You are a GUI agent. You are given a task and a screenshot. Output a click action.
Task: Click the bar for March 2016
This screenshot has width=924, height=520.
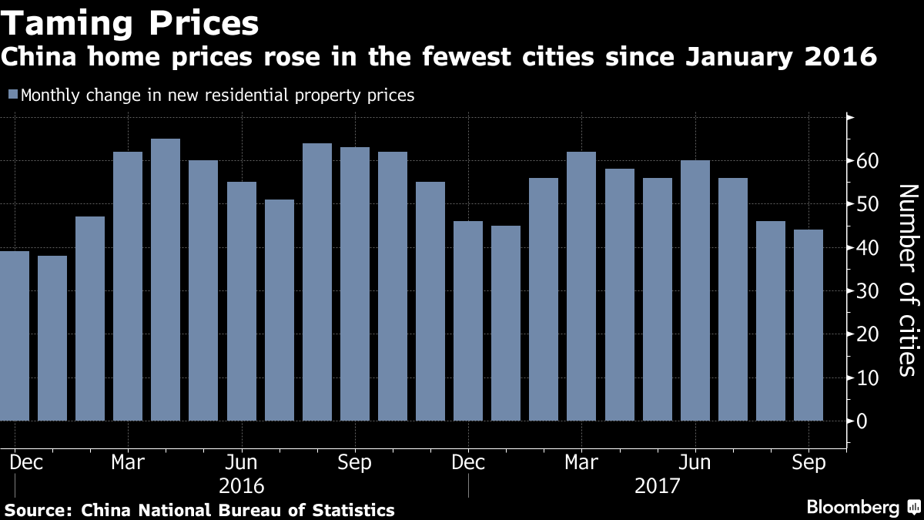tap(128, 287)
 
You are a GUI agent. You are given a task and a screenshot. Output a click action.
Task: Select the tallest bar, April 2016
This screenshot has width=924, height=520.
tap(166, 280)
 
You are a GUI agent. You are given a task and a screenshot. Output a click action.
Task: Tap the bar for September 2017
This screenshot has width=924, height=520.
tap(808, 325)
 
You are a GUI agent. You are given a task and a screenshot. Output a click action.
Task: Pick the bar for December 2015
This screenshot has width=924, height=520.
tap(15, 336)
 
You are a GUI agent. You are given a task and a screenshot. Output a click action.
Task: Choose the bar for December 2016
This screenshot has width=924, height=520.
tap(468, 321)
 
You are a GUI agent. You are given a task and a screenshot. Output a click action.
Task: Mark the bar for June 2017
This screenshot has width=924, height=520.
tap(695, 290)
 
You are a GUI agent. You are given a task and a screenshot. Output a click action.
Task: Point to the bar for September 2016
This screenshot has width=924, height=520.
tap(355, 284)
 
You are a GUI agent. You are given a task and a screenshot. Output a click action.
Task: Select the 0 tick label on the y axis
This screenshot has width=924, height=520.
tap(862, 421)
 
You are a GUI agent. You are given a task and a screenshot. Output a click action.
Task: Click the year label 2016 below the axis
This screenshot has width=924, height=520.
tap(242, 487)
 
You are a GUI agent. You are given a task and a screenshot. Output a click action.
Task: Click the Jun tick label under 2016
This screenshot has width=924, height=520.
tap(241, 462)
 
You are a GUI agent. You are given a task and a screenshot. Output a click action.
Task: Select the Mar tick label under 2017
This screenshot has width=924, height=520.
tap(581, 462)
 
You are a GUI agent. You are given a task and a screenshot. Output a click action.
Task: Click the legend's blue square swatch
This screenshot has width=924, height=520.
tap(12, 96)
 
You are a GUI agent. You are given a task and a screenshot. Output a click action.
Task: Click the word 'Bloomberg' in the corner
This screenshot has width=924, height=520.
tap(852, 508)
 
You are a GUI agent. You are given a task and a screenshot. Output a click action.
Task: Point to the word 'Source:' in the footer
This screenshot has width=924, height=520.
tap(38, 510)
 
